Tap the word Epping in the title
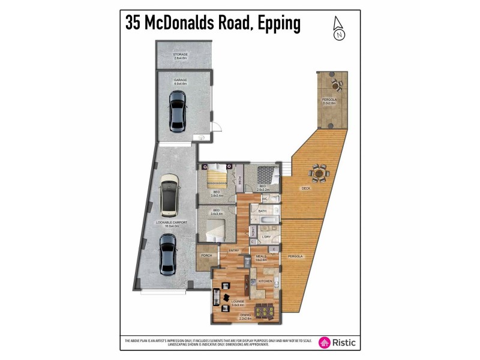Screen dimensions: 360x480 coord(272,23)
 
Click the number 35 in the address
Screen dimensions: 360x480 coord(135,23)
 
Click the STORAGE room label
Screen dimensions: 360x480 coord(180,55)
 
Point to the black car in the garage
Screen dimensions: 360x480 coord(177,112)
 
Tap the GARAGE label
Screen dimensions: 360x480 coord(180,80)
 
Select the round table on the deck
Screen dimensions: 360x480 coord(319,174)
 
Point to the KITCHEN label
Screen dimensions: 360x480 coord(265,281)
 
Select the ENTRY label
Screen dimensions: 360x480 coord(233,251)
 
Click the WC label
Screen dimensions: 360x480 coord(264,199)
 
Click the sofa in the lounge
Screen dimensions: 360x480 coord(217,298)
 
